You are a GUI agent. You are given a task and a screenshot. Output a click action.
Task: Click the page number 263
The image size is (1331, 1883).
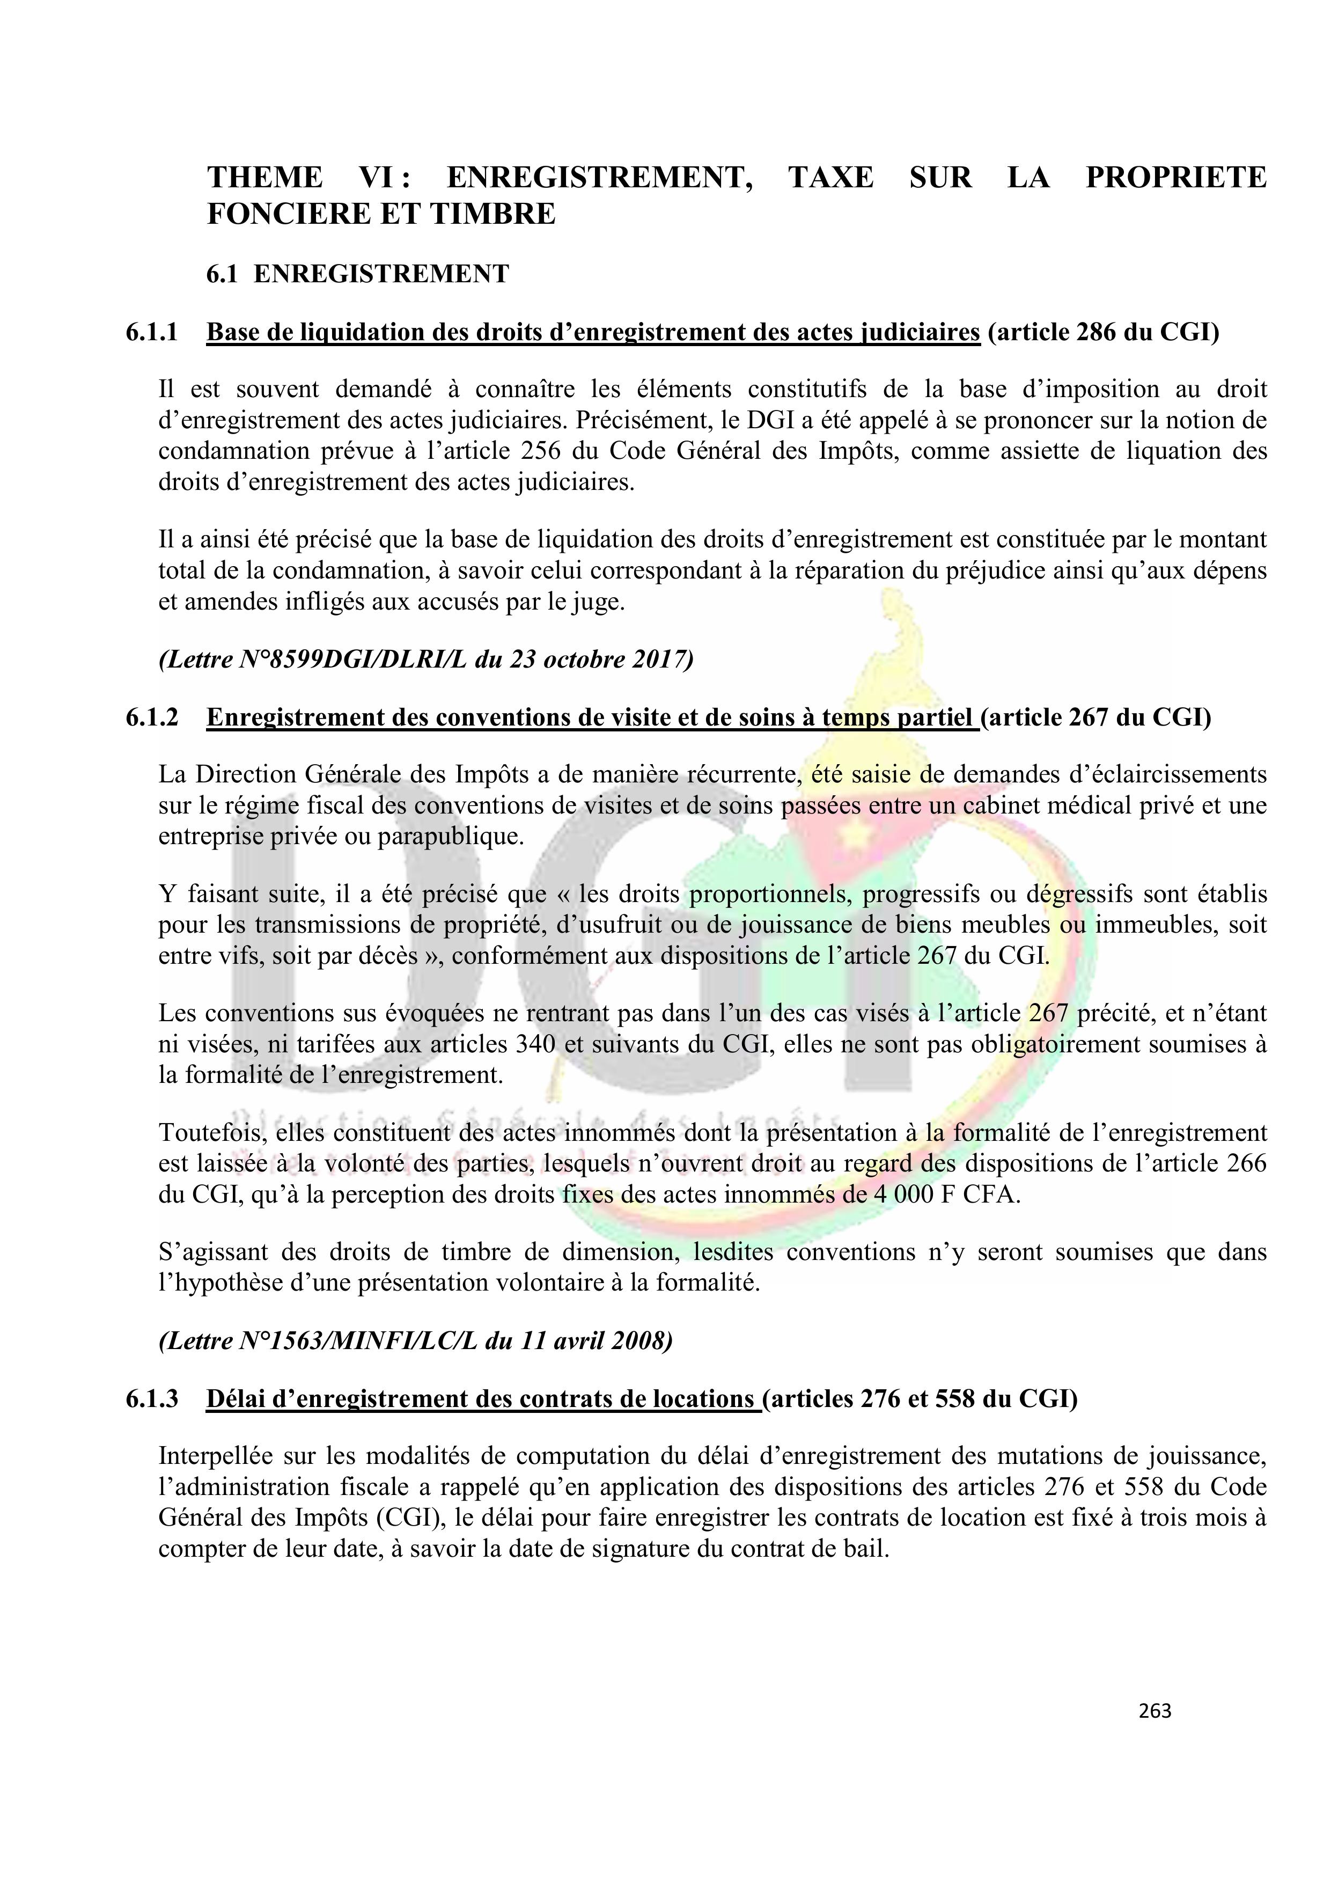click(1154, 1710)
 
